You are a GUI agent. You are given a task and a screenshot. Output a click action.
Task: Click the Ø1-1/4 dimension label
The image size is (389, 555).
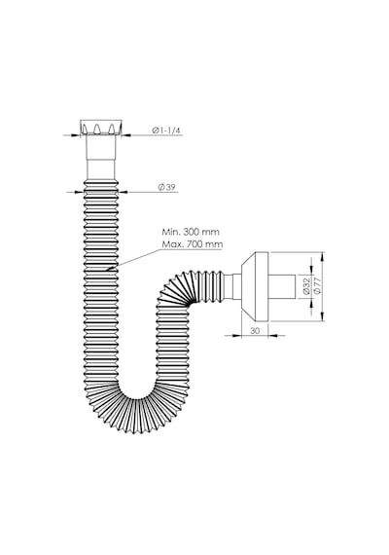tap(166, 130)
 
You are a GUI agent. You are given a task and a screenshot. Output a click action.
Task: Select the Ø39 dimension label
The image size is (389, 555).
tap(166, 188)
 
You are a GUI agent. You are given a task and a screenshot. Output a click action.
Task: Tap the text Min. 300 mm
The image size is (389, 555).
tap(191, 232)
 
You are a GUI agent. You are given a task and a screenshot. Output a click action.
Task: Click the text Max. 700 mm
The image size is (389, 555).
tap(193, 244)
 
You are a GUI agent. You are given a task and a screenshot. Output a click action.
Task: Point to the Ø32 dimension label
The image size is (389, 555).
tap(306, 286)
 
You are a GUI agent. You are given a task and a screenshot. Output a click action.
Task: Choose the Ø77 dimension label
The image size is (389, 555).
tap(317, 286)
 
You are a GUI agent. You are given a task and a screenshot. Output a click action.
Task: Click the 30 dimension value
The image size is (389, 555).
tap(255, 331)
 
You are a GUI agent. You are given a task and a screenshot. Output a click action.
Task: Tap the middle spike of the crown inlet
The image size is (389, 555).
tap(97, 129)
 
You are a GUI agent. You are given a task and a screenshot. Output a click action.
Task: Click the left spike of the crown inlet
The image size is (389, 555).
tap(85, 129)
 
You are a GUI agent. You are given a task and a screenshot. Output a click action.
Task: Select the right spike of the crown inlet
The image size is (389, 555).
tap(112, 129)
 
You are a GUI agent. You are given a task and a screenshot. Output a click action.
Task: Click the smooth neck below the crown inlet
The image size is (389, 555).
tap(101, 158)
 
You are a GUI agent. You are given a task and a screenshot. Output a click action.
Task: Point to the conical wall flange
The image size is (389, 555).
tap(255, 287)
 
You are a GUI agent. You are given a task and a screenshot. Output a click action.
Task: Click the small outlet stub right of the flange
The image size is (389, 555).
tap(282, 286)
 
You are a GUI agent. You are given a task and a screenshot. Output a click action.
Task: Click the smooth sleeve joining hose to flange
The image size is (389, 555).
tap(232, 286)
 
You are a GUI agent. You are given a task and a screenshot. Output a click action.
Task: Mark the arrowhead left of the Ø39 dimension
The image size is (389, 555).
tap(79, 192)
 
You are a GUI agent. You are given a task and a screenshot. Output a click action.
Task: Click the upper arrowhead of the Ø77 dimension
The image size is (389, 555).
tap(322, 257)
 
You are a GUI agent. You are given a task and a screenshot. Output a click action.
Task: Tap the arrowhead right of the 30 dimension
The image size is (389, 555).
tap(274, 335)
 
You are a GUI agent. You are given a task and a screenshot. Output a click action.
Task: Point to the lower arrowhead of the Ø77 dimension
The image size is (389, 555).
tap(322, 316)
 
